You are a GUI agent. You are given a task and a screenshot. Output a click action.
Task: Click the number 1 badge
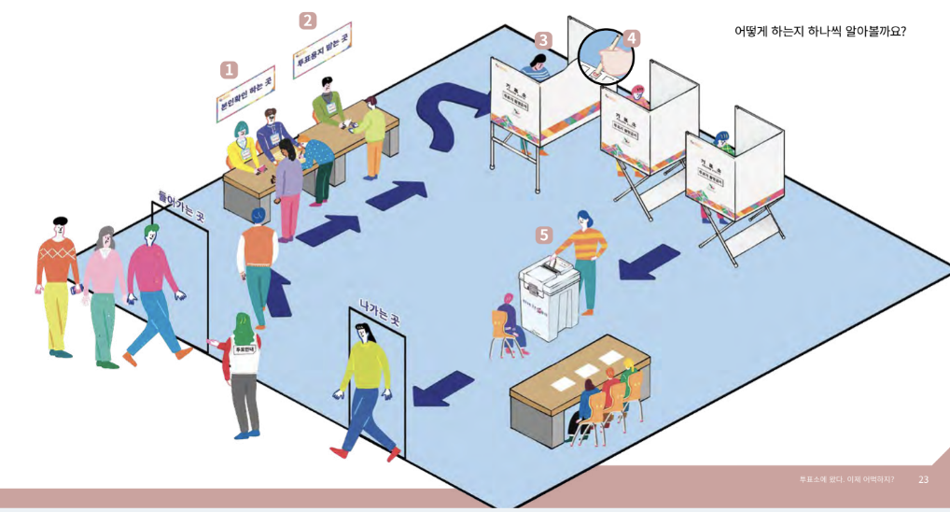click(x=229, y=70)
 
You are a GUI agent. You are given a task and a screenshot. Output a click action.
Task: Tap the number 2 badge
click(x=307, y=21)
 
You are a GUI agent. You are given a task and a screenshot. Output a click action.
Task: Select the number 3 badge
click(x=543, y=40)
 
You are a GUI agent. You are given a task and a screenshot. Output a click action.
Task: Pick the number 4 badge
click(x=632, y=38)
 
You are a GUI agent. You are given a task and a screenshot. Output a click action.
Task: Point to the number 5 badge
click(x=543, y=235)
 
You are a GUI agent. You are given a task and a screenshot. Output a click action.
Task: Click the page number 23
click(x=923, y=479)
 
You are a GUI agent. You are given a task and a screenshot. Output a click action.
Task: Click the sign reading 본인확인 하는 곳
click(x=245, y=94)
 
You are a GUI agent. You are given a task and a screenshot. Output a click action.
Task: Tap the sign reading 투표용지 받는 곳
click(x=322, y=50)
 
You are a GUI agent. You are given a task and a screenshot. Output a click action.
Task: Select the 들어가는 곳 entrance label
click(x=181, y=205)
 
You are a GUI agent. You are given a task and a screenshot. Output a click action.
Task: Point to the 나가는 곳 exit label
click(x=379, y=312)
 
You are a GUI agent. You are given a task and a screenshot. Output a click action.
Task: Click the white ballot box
click(x=550, y=297)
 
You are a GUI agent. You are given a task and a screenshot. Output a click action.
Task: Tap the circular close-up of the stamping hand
click(x=606, y=57)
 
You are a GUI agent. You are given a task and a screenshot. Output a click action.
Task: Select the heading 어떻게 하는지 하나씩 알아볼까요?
click(x=819, y=31)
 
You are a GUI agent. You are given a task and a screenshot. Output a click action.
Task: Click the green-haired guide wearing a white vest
click(x=243, y=374)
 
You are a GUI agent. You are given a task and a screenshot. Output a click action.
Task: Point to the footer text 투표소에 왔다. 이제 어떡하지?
click(x=845, y=479)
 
